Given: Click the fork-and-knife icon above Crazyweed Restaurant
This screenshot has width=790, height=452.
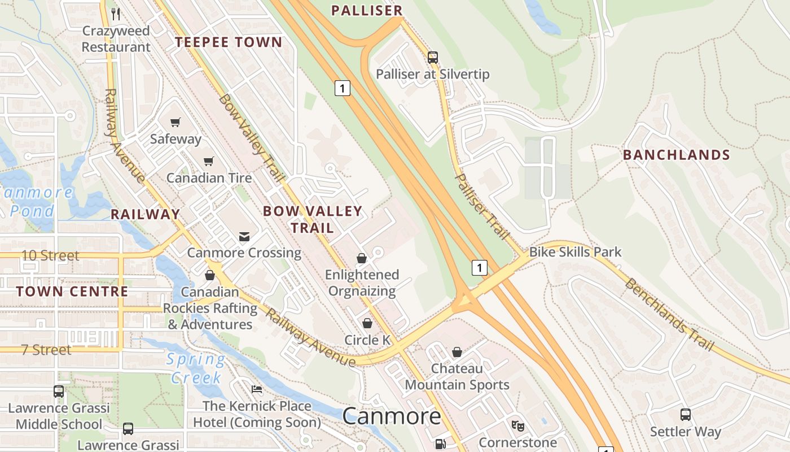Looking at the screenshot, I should [116, 13].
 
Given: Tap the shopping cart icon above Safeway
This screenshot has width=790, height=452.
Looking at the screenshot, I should [175, 122].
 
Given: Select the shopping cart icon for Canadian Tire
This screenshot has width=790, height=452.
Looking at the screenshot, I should [209, 161].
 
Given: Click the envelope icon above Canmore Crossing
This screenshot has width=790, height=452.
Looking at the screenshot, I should [244, 236].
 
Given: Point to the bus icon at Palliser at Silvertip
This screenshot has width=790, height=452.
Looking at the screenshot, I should [433, 57].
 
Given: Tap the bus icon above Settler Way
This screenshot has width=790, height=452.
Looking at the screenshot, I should [685, 415].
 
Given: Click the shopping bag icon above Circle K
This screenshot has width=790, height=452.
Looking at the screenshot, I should [367, 323].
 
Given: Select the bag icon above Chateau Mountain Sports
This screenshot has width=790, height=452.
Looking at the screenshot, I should [457, 352].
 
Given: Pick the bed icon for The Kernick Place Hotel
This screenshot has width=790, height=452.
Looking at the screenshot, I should [257, 389].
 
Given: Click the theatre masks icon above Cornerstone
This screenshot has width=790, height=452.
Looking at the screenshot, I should [517, 425].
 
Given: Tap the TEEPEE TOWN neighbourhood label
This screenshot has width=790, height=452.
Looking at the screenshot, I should [228, 42].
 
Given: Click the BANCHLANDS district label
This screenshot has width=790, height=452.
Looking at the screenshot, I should [676, 155].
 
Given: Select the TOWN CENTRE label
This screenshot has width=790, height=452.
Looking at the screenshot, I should [72, 292].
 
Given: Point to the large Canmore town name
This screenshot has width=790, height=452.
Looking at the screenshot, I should [392, 416].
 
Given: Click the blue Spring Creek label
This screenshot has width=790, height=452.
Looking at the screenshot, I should [196, 368].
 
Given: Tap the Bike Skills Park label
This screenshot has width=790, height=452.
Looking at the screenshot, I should [575, 252].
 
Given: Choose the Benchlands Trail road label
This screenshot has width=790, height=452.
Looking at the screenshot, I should [669, 314].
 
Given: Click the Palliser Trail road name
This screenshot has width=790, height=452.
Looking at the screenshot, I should [482, 207].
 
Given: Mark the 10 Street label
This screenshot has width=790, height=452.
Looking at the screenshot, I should [50, 255].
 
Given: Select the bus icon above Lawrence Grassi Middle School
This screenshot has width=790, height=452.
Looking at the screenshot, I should [58, 391].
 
